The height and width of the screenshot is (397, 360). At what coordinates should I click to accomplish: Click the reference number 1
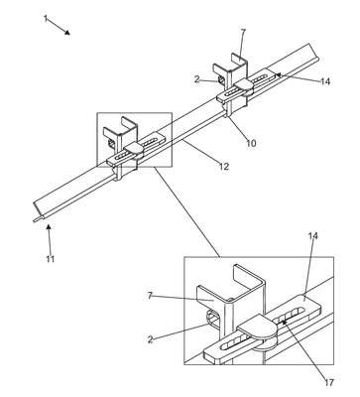[46, 18]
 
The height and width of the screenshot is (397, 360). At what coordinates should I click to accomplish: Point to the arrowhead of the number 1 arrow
[67, 32]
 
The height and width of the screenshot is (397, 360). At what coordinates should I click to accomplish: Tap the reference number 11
[50, 259]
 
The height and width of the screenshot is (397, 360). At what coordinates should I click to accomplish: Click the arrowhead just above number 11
[49, 226]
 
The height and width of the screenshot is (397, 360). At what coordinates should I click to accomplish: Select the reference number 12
[224, 166]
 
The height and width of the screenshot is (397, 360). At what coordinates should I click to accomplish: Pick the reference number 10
[251, 143]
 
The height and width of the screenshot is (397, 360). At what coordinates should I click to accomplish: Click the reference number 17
[329, 383]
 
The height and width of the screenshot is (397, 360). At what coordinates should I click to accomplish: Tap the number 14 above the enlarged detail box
[313, 236]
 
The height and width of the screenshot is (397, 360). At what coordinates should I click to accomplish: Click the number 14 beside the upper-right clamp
[325, 81]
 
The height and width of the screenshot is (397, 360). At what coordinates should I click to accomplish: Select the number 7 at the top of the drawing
[243, 33]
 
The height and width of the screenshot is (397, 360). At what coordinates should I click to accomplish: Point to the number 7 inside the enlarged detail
[150, 296]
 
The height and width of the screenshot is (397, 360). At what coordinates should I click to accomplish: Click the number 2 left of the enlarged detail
[151, 339]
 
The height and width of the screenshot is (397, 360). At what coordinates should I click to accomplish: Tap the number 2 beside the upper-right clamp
[197, 79]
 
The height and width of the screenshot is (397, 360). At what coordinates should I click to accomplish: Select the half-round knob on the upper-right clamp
[244, 85]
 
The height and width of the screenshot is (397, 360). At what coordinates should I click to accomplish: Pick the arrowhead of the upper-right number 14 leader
[279, 74]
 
